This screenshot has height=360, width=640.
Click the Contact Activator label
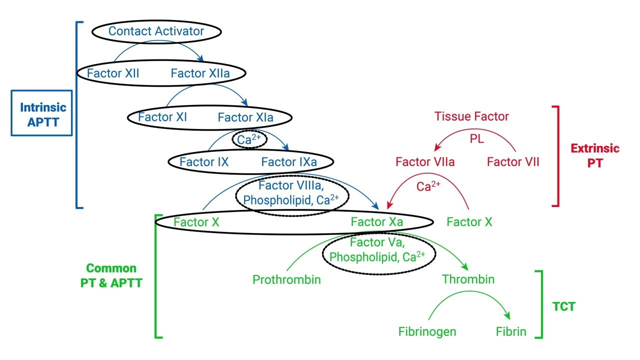pos(156,31)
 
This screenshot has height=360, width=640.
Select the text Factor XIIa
pos(200,73)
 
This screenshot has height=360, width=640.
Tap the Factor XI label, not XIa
pos(162,117)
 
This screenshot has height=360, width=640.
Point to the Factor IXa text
pos(288,162)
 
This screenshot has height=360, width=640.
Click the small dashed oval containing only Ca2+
pos(249,139)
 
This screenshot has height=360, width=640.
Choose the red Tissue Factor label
pos(471,116)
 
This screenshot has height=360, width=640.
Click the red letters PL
pos(476,139)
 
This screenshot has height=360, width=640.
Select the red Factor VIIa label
pos(425,162)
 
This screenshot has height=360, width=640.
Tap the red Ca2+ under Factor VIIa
pos(428,186)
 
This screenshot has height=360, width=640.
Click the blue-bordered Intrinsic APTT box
pos(42,113)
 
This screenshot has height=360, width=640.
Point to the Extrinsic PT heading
pos(594,155)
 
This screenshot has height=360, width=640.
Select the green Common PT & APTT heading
pos(111,275)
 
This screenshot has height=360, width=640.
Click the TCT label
pos(563,306)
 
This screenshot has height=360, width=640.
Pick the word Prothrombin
pos(286,279)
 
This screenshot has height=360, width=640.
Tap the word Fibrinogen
pos(427,331)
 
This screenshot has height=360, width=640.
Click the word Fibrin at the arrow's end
pos(510,331)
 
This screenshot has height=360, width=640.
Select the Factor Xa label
pos(376,222)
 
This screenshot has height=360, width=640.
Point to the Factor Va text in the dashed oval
pos(377,243)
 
